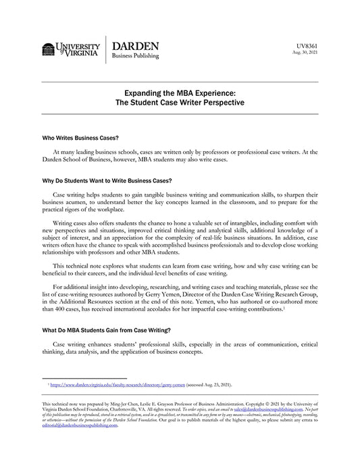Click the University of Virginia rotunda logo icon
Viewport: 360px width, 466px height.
tap(48, 50)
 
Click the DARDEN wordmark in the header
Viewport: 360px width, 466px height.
tap(135, 45)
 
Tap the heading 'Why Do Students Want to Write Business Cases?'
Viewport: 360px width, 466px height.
tap(107, 181)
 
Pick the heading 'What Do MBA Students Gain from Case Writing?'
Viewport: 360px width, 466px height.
tap(107, 330)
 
